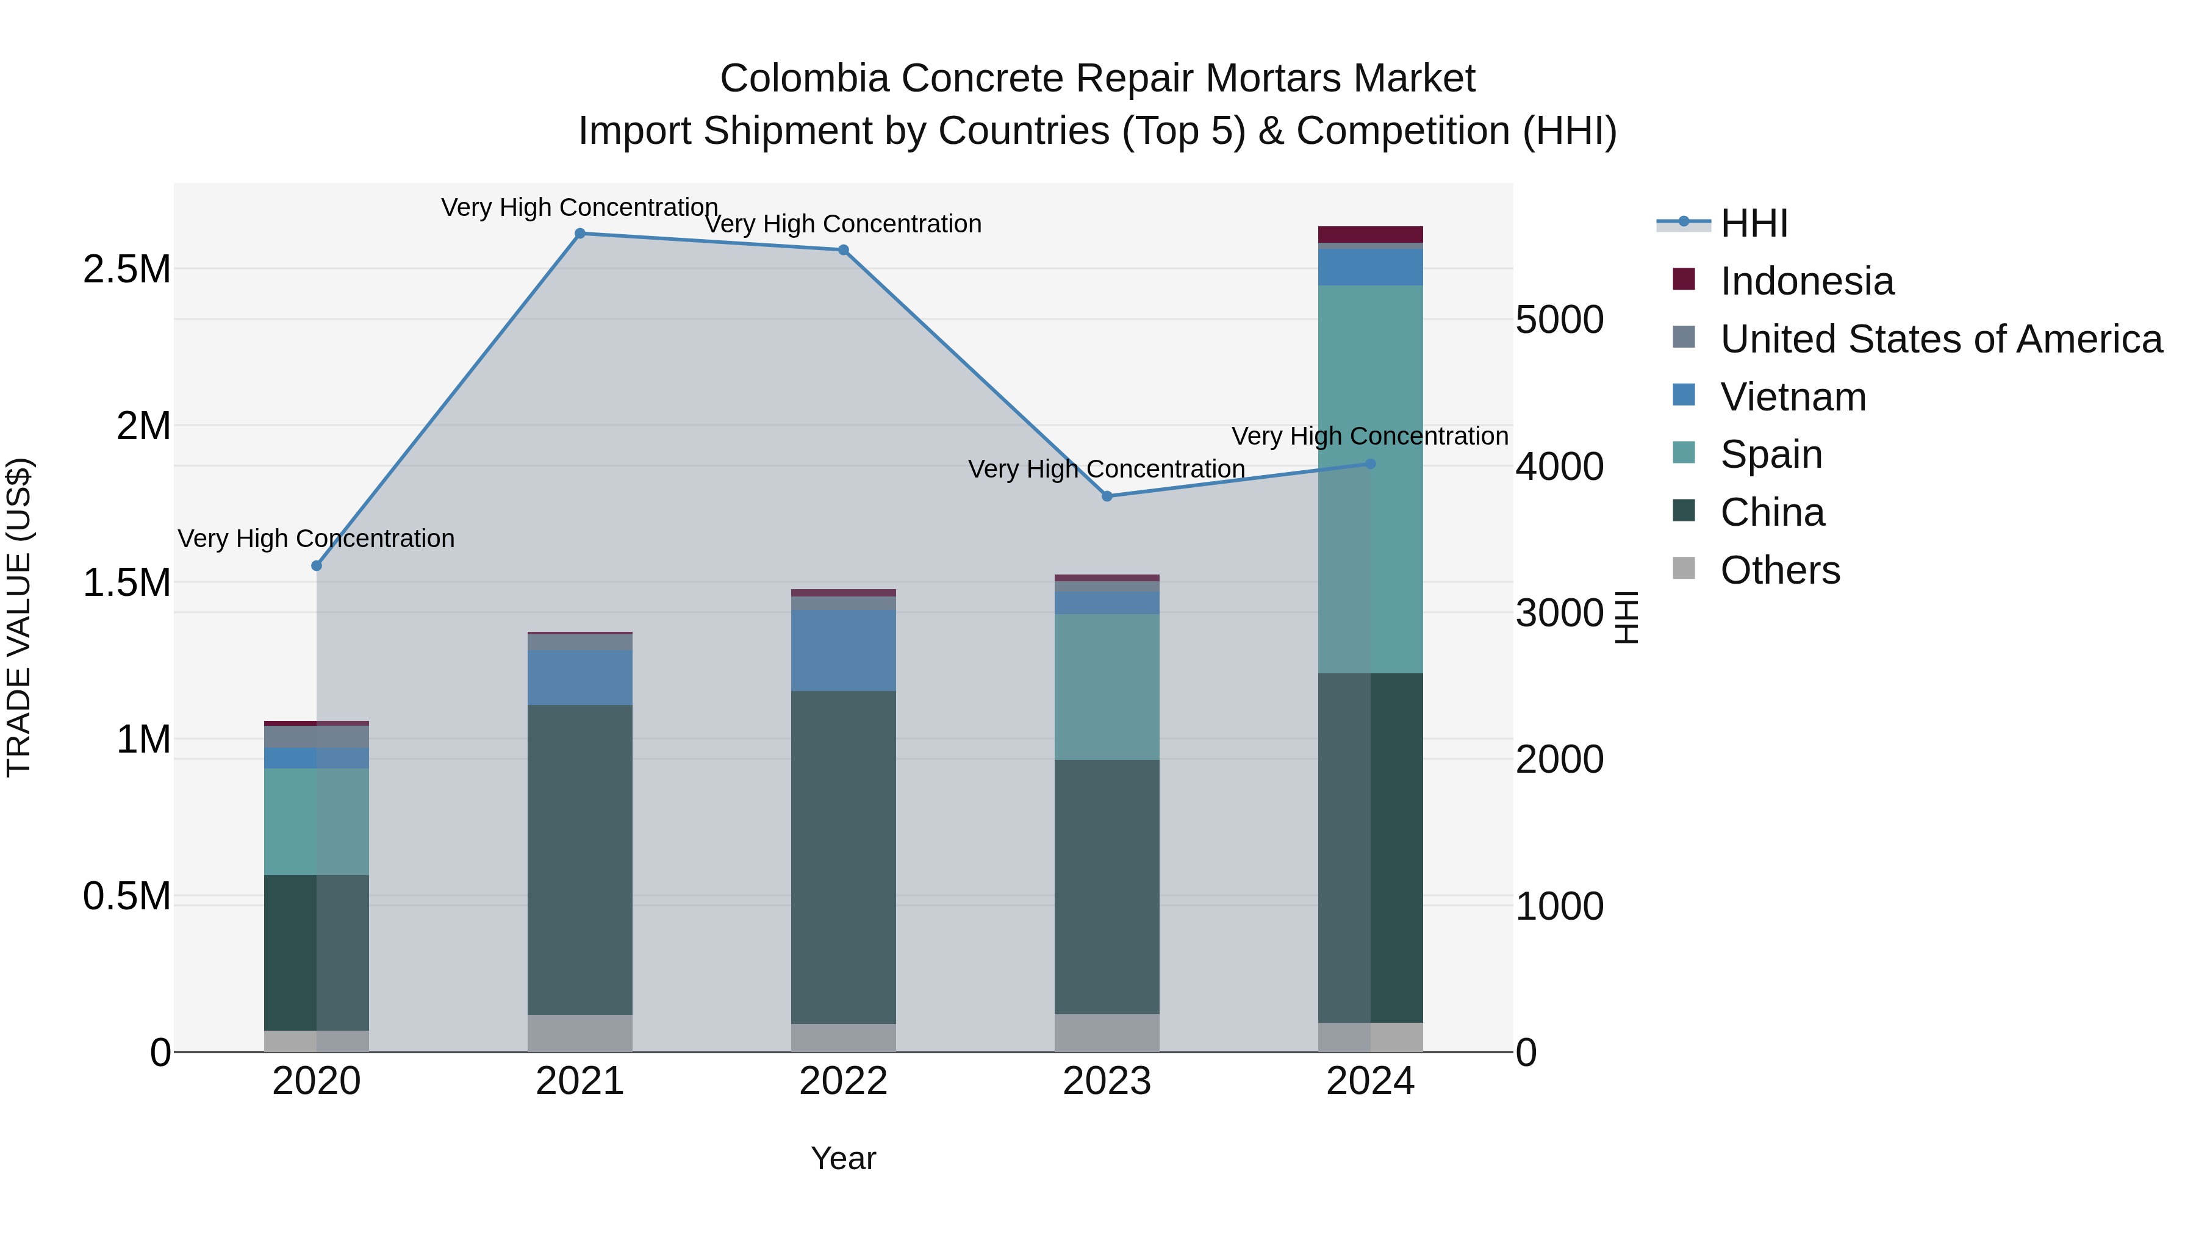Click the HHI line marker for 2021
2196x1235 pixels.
(x=579, y=234)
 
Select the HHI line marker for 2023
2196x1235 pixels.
(x=1107, y=496)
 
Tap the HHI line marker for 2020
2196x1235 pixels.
(x=316, y=565)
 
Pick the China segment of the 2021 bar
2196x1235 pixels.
(x=579, y=859)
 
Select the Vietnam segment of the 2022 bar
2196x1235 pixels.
(x=843, y=650)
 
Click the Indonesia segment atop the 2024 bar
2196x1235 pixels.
(x=1370, y=234)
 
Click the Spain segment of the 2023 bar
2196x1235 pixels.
(x=1107, y=686)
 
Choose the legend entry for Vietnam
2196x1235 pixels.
(x=1793, y=397)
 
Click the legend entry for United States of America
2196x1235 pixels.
(x=1940, y=339)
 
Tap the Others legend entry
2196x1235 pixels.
(x=1780, y=570)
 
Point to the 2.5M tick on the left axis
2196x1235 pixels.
(x=126, y=270)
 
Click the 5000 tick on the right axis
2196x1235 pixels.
(x=1559, y=320)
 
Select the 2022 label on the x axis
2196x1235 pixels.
(x=843, y=1081)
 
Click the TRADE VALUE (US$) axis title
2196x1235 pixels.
(x=19, y=617)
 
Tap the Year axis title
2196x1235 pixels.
(x=843, y=1158)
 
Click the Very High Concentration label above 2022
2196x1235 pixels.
(x=843, y=224)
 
